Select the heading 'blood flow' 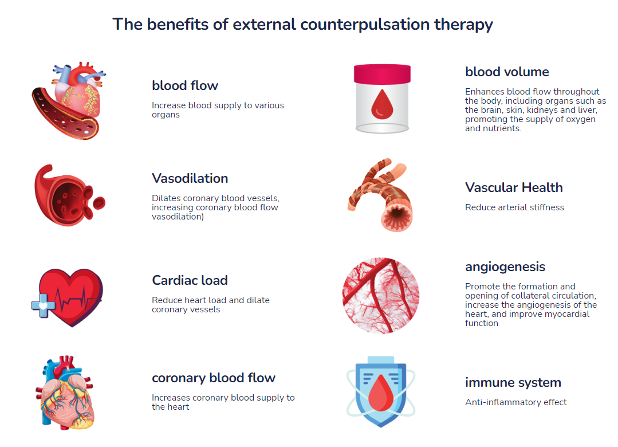(x=185, y=85)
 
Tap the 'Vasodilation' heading (x=190, y=178)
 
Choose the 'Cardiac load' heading (x=190, y=280)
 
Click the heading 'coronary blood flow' (x=214, y=378)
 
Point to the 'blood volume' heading (x=507, y=72)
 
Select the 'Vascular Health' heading (x=514, y=187)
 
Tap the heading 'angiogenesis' (x=505, y=266)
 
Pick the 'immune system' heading (x=513, y=382)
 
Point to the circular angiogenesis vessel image (x=381, y=295)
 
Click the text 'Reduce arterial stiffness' (x=514, y=207)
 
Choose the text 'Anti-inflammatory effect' (x=516, y=402)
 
